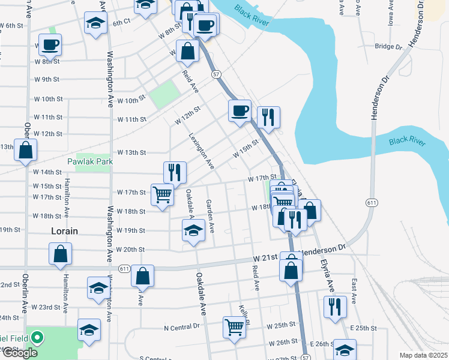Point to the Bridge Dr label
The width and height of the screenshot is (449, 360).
click(x=388, y=46)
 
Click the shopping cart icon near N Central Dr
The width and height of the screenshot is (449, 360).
click(x=235, y=327)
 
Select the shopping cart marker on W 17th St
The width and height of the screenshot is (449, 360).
click(x=163, y=194)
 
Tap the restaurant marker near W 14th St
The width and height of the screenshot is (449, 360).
click(x=175, y=173)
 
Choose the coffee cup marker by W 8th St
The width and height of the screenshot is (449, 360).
click(x=50, y=44)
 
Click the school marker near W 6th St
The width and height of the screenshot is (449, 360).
click(x=94, y=23)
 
